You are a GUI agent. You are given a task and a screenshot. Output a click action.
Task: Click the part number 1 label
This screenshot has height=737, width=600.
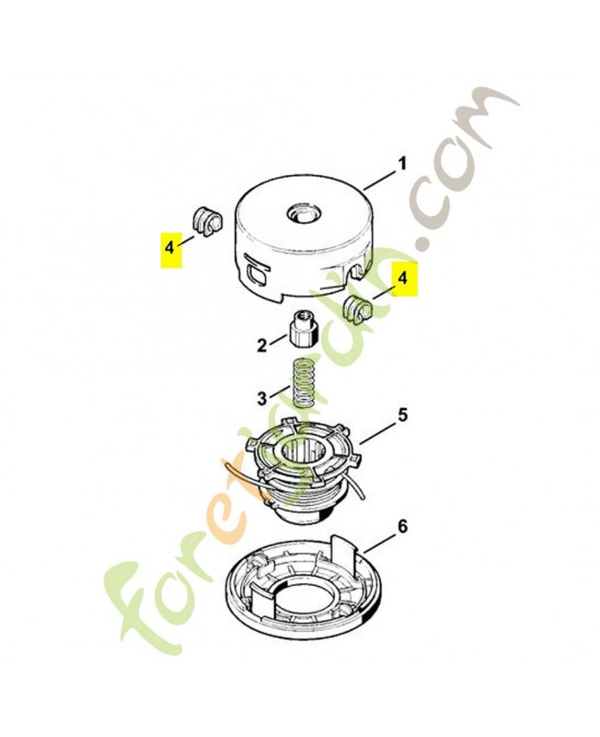click(402, 165)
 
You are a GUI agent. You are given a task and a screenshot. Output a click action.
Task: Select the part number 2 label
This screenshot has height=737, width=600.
click(261, 346)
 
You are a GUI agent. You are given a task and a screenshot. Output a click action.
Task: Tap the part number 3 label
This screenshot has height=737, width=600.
click(261, 399)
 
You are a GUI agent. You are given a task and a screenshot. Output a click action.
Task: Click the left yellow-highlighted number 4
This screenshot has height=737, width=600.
click(169, 246)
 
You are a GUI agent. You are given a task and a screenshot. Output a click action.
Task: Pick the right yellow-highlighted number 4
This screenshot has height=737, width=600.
click(403, 278)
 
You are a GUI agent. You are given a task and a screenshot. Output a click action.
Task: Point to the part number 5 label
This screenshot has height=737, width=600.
click(403, 415)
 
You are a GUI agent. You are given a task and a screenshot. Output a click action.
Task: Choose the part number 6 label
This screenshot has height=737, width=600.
click(403, 527)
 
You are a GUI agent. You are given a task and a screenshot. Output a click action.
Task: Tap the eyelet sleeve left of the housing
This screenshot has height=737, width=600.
click(206, 222)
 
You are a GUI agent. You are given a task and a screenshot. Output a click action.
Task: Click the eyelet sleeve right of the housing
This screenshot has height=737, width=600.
click(358, 309)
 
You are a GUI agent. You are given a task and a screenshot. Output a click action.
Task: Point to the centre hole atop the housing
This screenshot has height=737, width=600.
click(304, 216)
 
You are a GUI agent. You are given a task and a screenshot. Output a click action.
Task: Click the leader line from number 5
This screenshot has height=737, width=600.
click(377, 432)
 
